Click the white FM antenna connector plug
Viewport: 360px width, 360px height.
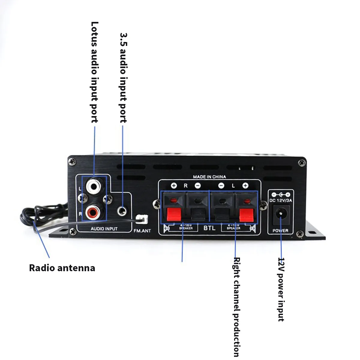pyautogui.click(x=141, y=220)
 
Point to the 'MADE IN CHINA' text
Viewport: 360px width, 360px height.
pyautogui.click(x=209, y=177)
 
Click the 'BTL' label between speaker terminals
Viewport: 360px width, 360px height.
pyautogui.click(x=209, y=228)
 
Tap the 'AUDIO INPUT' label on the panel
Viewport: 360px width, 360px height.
pyautogui.click(x=104, y=229)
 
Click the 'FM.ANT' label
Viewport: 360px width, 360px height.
pyautogui.click(x=142, y=231)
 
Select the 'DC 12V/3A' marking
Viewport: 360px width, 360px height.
pyautogui.click(x=280, y=200)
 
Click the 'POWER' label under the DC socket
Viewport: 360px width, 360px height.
pyautogui.click(x=280, y=230)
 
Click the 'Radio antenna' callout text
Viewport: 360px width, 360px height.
pyautogui.click(x=62, y=268)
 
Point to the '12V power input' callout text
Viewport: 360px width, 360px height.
pyautogui.click(x=281, y=289)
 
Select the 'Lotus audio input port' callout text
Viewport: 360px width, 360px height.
pyautogui.click(x=94, y=72)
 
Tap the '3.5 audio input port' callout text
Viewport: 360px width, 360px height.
pyautogui.click(x=123, y=78)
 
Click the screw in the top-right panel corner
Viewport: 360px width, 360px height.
pyautogui.click(x=301, y=163)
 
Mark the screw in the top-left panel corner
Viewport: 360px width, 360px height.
pyautogui.click(x=71, y=162)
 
